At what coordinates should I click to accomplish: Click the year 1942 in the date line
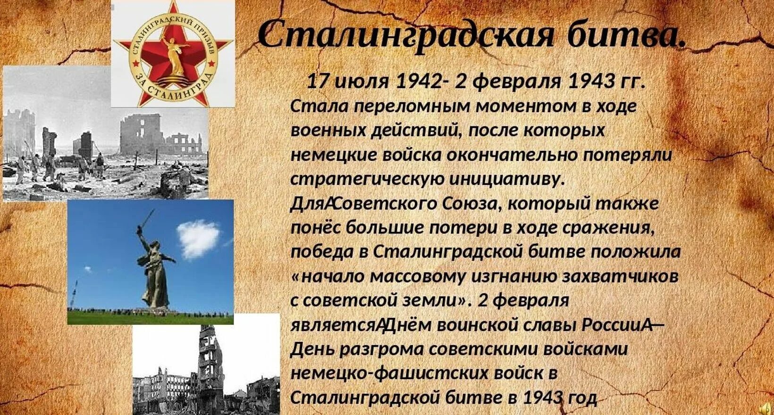coord(418,82)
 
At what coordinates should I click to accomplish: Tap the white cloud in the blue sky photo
coord(198,238)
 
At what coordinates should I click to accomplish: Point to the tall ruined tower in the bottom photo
coord(208,363)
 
